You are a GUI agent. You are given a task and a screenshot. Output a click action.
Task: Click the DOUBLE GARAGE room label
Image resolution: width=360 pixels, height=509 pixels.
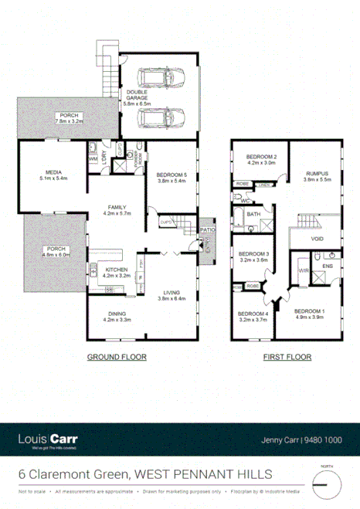pos(138,97)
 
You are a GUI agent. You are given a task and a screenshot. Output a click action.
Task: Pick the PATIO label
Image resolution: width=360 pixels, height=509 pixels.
pos(206,229)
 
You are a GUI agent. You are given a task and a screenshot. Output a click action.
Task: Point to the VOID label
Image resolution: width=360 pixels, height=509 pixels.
pos(318,239)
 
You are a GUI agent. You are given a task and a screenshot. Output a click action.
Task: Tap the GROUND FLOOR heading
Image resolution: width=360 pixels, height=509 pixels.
pos(116,358)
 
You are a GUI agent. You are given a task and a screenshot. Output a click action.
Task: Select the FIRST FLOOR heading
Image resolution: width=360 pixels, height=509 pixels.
pos(287,358)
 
